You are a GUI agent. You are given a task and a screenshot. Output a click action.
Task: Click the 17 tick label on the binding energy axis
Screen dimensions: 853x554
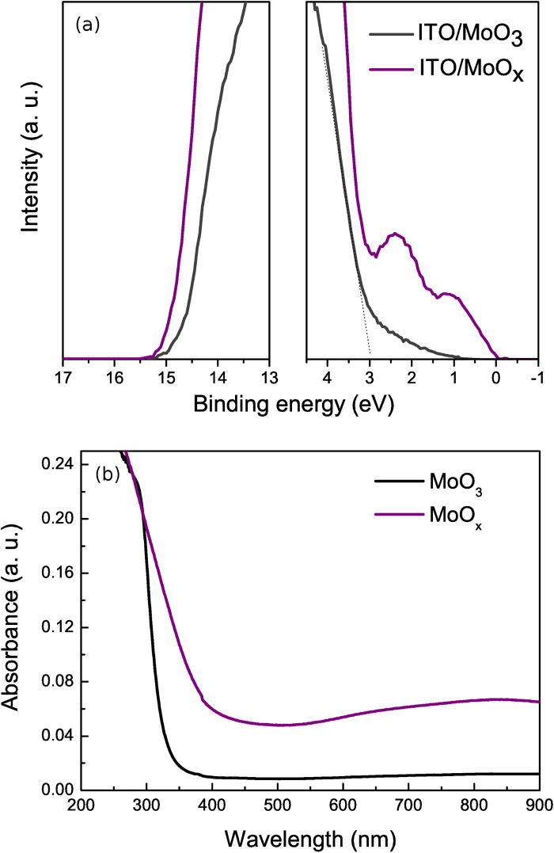point(63,376)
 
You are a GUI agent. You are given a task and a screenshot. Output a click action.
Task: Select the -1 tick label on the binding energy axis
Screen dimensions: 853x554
point(537,376)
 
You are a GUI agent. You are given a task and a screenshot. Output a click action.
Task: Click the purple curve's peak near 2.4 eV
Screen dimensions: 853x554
point(395,234)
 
